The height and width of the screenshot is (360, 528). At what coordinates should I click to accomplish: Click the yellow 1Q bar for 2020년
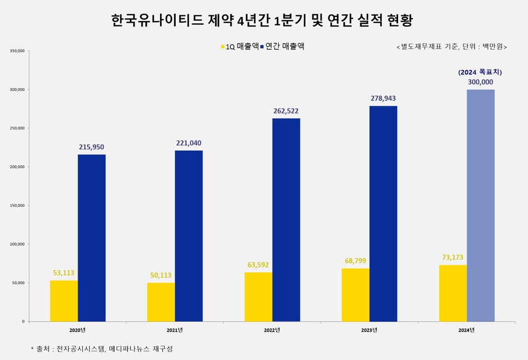point(64,300)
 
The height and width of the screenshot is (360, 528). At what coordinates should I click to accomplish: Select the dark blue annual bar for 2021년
point(188,235)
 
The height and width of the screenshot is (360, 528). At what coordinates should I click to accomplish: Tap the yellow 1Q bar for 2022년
point(258,297)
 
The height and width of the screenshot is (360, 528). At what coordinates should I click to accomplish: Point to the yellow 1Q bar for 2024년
point(452,293)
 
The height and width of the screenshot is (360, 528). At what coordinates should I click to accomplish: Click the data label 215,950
point(91,147)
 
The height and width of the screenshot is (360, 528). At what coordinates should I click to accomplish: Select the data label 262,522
point(286,111)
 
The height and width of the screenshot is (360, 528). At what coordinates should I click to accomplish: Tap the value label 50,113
point(161,275)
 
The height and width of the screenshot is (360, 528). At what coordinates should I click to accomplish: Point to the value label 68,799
point(355,261)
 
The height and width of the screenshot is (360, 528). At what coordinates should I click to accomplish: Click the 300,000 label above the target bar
point(480,82)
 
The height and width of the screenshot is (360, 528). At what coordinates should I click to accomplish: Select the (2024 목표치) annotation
point(480,72)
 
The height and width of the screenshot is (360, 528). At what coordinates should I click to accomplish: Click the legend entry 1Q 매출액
point(239,46)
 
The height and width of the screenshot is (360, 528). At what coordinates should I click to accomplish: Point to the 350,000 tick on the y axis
point(17,51)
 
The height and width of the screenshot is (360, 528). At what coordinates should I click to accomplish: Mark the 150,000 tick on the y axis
point(17,205)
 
